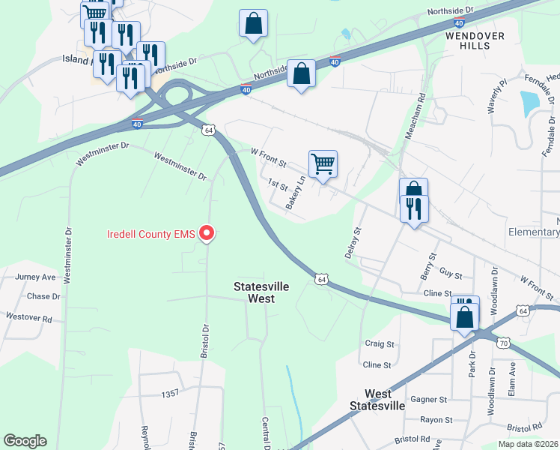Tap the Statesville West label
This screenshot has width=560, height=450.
pos(254,292)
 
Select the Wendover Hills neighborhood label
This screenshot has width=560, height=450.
pos(475,40)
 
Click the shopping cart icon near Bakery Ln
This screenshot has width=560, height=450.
pos(323,163)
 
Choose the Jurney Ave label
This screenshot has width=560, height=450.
pos(35,277)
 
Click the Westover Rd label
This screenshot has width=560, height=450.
pos(28,317)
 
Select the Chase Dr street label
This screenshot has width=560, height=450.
pos(43,296)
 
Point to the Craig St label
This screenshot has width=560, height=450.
pos(379,343)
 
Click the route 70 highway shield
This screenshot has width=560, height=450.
pos(504,343)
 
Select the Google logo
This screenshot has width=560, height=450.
pos(25,441)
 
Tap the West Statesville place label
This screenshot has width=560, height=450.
pos(378,400)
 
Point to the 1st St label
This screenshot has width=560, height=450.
pos(278,184)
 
